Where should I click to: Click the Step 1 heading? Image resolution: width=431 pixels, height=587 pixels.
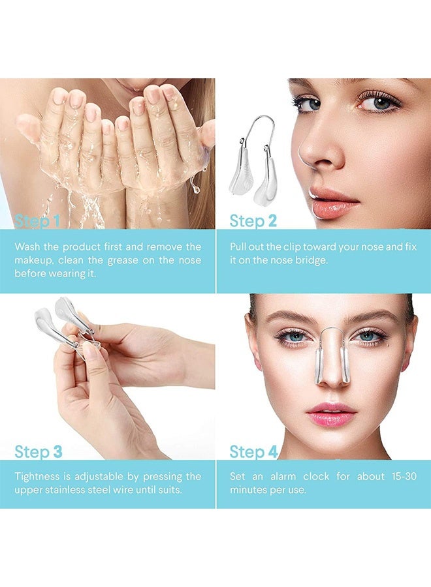click(37, 221)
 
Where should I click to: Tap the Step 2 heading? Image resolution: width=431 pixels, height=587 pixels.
click(253, 221)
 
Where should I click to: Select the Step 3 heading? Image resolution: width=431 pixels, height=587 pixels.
click(39, 451)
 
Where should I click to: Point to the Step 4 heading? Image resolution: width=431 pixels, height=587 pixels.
click(253, 451)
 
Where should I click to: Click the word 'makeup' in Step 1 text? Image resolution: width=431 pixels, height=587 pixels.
click(35, 261)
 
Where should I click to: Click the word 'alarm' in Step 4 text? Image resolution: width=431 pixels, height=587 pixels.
click(284, 477)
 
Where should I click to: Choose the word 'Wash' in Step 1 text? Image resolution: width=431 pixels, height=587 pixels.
click(27, 247)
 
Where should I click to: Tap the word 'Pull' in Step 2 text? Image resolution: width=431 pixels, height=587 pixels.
click(239, 247)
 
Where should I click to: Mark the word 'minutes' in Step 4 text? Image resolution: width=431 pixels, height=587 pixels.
click(249, 490)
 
